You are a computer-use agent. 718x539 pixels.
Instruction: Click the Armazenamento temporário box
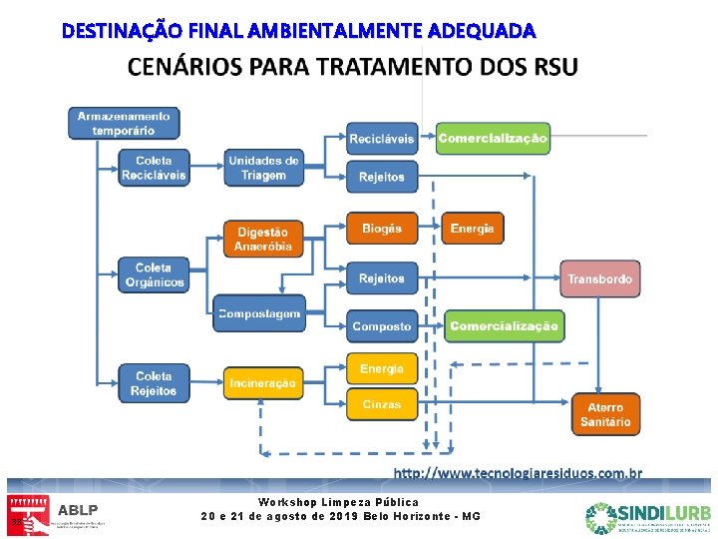pyautogui.click(x=124, y=123)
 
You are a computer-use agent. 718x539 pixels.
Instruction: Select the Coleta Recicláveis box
pyautogui.click(x=154, y=168)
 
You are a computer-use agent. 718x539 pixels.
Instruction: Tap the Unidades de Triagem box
pyautogui.click(x=263, y=168)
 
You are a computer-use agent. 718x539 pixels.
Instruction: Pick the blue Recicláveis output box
pyautogui.click(x=382, y=139)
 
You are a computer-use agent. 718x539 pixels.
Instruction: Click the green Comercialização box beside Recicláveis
pyautogui.click(x=493, y=139)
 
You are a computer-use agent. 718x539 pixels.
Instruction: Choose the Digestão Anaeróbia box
pyautogui.click(x=263, y=239)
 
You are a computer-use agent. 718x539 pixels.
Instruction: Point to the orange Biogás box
pyautogui.click(x=382, y=229)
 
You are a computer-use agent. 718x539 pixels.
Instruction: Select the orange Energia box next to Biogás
pyautogui.click(x=472, y=229)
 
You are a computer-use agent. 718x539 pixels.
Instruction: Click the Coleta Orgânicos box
pyautogui.click(x=154, y=275)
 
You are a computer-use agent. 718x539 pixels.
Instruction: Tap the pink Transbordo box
pyautogui.click(x=600, y=278)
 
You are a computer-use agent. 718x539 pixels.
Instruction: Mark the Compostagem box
pyautogui.click(x=258, y=313)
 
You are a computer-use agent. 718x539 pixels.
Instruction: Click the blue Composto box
pyautogui.click(x=382, y=326)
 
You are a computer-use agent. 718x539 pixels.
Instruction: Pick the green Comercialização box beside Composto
pyautogui.click(x=504, y=326)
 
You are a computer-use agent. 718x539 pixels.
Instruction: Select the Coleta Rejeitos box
pyautogui.click(x=154, y=383)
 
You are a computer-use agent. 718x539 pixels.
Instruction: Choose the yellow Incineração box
pyautogui.click(x=262, y=383)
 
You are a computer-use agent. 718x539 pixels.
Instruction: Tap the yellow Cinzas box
pyautogui.click(x=382, y=404)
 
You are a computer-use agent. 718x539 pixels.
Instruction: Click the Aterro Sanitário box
pyautogui.click(x=605, y=414)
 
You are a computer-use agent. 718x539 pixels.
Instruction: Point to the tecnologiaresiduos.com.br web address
pyautogui.click(x=518, y=473)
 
